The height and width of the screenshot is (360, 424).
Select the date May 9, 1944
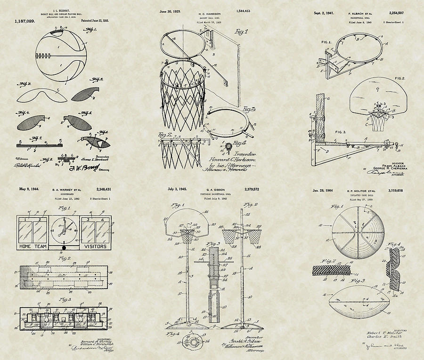(x=28, y=189)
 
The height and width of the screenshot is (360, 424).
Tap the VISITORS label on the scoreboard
(x=95, y=246)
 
